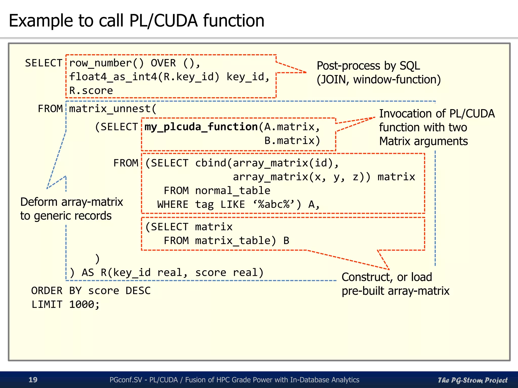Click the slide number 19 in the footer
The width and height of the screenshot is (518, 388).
click(x=33, y=380)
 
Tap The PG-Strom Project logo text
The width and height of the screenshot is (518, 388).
click(x=472, y=380)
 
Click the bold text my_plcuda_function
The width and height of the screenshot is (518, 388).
click(x=201, y=127)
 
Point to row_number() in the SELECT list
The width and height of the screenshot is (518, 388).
click(x=106, y=63)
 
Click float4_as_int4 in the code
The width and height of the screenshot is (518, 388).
click(x=113, y=77)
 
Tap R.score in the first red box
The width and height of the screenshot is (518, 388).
click(x=91, y=90)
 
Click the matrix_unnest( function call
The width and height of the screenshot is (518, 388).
click(x=113, y=109)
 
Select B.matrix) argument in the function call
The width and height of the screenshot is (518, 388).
click(x=292, y=140)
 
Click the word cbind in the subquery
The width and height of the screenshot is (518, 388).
click(x=210, y=163)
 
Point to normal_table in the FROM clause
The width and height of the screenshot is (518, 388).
click(x=232, y=190)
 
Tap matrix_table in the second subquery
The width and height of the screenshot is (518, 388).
click(x=232, y=240)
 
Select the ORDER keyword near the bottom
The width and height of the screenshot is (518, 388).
click(x=47, y=291)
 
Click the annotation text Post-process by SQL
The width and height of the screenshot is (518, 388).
click(x=368, y=66)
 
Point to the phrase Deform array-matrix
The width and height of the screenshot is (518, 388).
click(x=72, y=202)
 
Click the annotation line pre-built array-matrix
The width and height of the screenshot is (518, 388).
click(x=395, y=291)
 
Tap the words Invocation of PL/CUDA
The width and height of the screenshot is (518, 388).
click(x=437, y=114)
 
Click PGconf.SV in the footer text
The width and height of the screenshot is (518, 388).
click(x=126, y=380)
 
